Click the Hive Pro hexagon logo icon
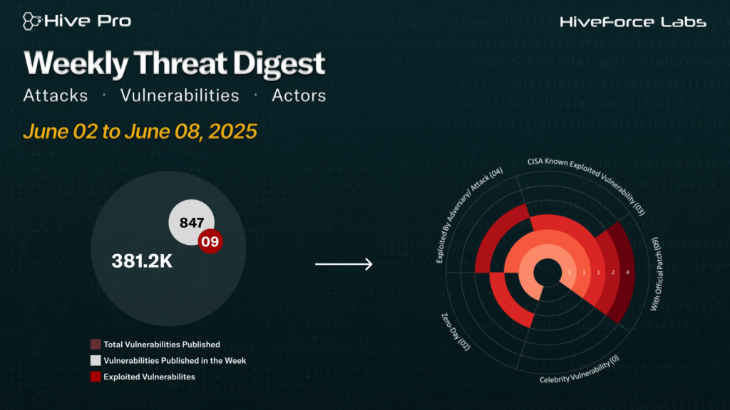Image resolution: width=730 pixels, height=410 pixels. click(x=32, y=21)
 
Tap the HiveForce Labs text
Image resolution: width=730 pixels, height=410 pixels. click(x=633, y=22)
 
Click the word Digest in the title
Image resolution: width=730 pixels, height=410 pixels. click(x=279, y=63)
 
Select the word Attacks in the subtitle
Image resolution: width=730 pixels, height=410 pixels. click(x=56, y=95)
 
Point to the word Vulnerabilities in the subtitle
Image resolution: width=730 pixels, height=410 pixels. click(x=180, y=95)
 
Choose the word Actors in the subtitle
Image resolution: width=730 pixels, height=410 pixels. click(x=299, y=95)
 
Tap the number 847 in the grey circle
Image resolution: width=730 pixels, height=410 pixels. click(x=191, y=223)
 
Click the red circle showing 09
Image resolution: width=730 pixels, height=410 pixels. click(x=210, y=241)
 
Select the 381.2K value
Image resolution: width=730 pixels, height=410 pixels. click(x=142, y=261)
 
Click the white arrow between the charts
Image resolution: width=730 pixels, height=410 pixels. click(x=344, y=264)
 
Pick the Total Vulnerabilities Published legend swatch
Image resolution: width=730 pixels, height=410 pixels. click(x=96, y=345)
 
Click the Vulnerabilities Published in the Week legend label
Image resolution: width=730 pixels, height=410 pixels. click(x=175, y=361)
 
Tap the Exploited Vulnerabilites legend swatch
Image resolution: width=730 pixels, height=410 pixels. click(x=96, y=377)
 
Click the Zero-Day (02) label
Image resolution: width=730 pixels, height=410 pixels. click(x=456, y=332)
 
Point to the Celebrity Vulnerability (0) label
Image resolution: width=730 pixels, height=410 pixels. click(x=580, y=370)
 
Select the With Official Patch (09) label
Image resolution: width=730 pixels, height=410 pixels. click(x=657, y=274)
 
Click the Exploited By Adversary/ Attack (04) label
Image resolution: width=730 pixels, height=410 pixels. click(x=469, y=215)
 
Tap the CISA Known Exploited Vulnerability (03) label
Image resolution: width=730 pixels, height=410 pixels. click(x=587, y=184)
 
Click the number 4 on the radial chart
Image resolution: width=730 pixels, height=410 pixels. click(x=627, y=273)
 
